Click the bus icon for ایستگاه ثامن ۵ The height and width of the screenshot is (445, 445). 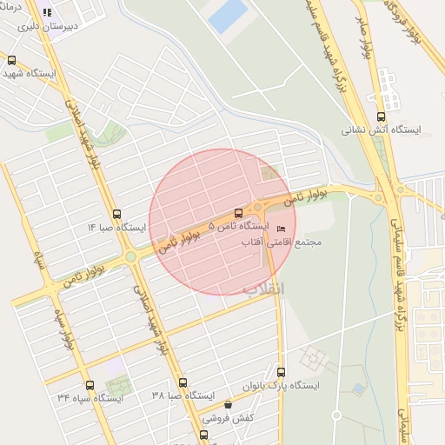click(x=239, y=213)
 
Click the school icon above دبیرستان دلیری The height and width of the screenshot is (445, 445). click(x=47, y=13)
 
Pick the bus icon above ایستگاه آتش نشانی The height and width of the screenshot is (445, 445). click(x=381, y=116)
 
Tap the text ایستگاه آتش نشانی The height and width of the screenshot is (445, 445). click(x=380, y=130)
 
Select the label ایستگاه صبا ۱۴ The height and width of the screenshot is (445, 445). click(x=116, y=228)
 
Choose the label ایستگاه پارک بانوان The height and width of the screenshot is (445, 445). click(x=280, y=384)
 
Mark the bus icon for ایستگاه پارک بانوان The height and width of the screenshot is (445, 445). click(x=280, y=371)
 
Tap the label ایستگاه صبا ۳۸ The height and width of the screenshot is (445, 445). click(x=183, y=395)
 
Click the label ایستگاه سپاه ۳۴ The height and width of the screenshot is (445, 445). click(x=90, y=397)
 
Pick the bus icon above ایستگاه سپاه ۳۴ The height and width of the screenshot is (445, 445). click(x=90, y=385)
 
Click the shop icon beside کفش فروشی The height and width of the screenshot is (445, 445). click(x=228, y=405)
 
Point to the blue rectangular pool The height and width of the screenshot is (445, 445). click(x=228, y=17)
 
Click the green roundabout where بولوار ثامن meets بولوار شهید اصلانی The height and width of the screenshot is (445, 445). click(x=130, y=256)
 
